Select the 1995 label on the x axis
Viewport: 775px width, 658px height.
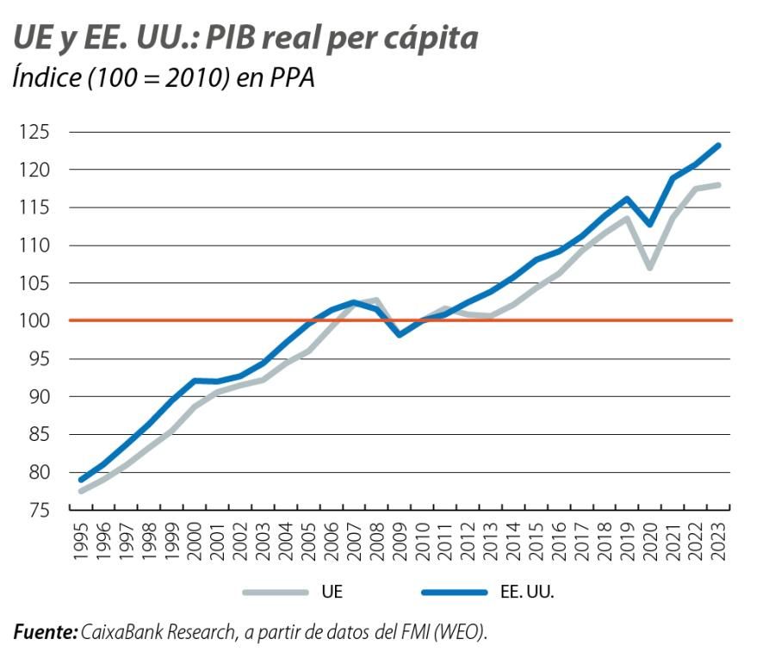82,542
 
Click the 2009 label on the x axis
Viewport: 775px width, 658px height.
399,542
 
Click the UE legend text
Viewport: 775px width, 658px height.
334,592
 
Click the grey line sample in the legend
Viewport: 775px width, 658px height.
276,592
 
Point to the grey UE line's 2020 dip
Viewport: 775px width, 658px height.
650,267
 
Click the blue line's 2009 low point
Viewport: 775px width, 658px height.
400,334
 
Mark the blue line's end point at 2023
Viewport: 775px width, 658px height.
718,146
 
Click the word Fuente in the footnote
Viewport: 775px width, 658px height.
46,633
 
